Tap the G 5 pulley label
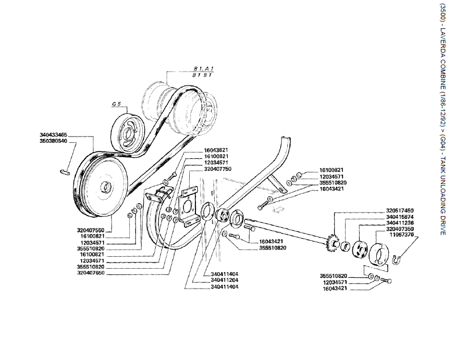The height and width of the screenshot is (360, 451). click(117, 105)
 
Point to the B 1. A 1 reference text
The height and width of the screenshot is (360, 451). click(203, 69)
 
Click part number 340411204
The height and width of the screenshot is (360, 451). click(224, 279)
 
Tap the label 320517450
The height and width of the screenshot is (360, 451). click(399, 210)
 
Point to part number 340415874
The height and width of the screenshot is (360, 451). click(399, 216)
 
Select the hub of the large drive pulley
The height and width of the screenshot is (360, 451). click(106, 187)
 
